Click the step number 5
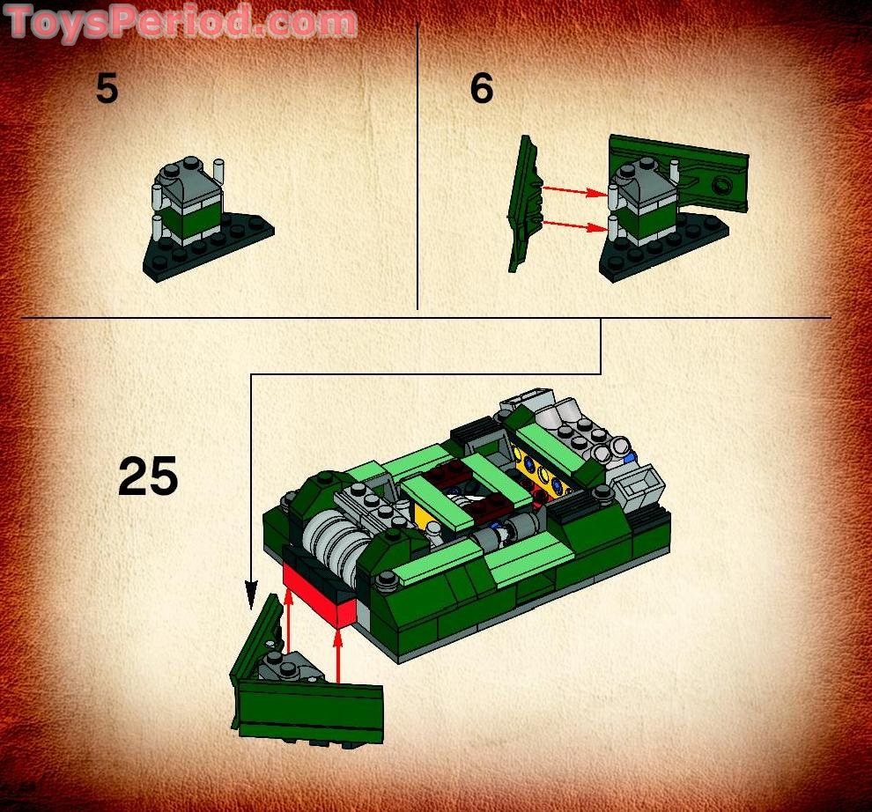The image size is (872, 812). (x=107, y=90)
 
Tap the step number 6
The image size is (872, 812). (x=481, y=90)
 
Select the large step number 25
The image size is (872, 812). (x=148, y=477)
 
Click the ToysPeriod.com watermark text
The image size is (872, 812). (x=181, y=22)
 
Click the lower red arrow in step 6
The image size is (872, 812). (x=574, y=225)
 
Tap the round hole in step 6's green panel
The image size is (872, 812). (x=722, y=186)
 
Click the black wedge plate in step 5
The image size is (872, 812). (x=211, y=249)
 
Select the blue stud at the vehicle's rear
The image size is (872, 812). (x=628, y=459)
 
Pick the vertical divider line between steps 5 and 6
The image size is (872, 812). (x=417, y=167)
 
